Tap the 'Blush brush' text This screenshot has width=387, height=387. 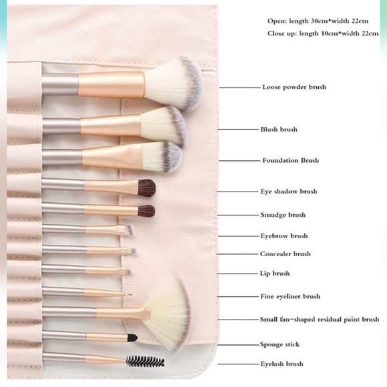click(279, 129)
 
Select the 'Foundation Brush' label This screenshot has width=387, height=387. click(290, 161)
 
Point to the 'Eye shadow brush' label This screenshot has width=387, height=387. click(288, 191)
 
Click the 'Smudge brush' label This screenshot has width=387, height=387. click(283, 215)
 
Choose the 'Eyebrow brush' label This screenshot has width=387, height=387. click(284, 236)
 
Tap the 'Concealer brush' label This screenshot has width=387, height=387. click(285, 254)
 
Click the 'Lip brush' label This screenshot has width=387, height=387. click(275, 273)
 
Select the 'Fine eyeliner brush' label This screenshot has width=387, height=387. click(290, 296)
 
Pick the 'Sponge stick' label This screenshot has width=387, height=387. click(280, 344)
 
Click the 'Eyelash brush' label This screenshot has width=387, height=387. click(282, 364)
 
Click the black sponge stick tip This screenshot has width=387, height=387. click(132, 338)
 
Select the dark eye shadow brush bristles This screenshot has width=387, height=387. click(146, 187)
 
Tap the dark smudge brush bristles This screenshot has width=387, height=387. click(146, 211)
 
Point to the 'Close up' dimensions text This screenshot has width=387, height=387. click(322, 33)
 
